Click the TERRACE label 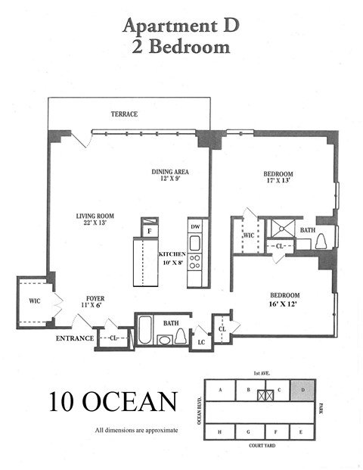[x=123, y=114]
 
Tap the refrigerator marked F [x=150, y=229]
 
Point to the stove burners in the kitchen [x=194, y=262]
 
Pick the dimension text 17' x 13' [x=278, y=181]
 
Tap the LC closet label [x=201, y=342]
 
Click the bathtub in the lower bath [x=145, y=331]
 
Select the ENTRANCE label [x=74, y=338]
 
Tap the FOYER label [x=95, y=298]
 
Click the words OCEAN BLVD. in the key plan [x=200, y=411]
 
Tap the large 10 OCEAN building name [x=113, y=401]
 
